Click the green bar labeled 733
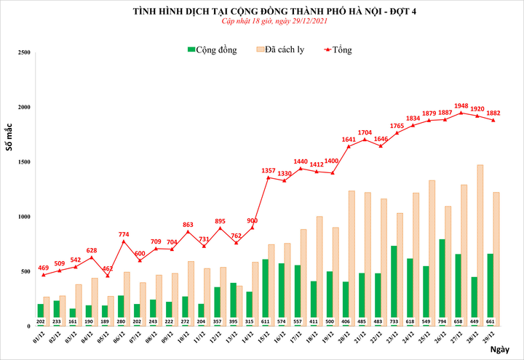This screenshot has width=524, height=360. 394,284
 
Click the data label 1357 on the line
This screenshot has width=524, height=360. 268,170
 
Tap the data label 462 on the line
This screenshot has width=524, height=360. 108,268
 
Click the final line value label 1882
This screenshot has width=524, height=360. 493,113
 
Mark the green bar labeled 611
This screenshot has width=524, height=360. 266,291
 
